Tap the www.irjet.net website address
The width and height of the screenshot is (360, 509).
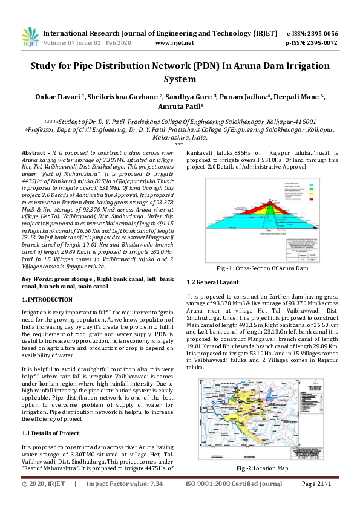174,43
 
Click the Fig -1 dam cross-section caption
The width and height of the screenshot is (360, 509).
263,267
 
